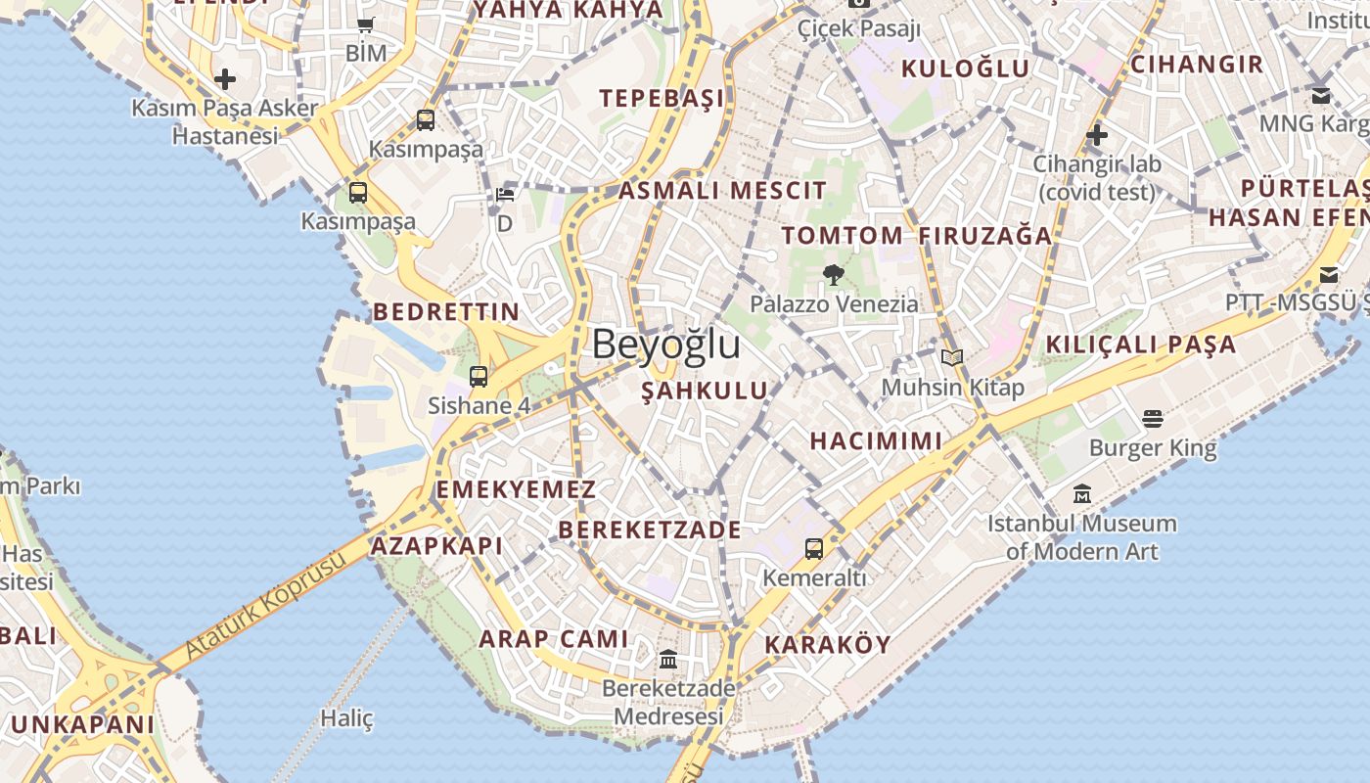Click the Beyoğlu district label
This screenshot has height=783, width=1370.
pyautogui.click(x=665, y=345)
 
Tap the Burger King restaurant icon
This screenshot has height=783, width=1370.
pyautogui.click(x=1153, y=419)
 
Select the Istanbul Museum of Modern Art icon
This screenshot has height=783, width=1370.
pyautogui.click(x=1081, y=493)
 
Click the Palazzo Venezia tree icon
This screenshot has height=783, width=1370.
pyautogui.click(x=834, y=275)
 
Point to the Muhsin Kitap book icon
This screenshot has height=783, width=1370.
pyautogui.click(x=952, y=358)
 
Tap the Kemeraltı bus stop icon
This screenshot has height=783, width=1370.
pyautogui.click(x=814, y=548)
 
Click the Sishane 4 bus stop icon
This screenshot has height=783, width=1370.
pyautogui.click(x=479, y=376)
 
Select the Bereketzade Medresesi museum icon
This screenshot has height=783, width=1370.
pyautogui.click(x=668, y=659)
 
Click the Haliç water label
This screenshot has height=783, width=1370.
pyautogui.click(x=347, y=718)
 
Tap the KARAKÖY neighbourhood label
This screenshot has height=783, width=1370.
pyautogui.click(x=827, y=644)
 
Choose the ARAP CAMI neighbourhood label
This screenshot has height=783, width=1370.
pyautogui.click(x=553, y=639)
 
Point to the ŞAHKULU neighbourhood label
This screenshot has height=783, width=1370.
pyautogui.click(x=705, y=391)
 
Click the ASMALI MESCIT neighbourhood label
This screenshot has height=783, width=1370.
pyautogui.click(x=722, y=190)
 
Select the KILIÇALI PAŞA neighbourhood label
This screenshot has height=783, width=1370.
pyautogui.click(x=1141, y=345)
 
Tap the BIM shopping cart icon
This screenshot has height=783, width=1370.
pyautogui.click(x=365, y=25)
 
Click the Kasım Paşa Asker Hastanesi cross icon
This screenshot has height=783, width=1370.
pyautogui.click(x=225, y=78)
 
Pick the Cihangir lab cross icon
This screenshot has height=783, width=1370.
pyautogui.click(x=1097, y=134)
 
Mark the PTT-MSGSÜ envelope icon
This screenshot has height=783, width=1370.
pyautogui.click(x=1329, y=275)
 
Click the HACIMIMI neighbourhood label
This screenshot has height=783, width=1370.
pyautogui.click(x=876, y=440)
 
